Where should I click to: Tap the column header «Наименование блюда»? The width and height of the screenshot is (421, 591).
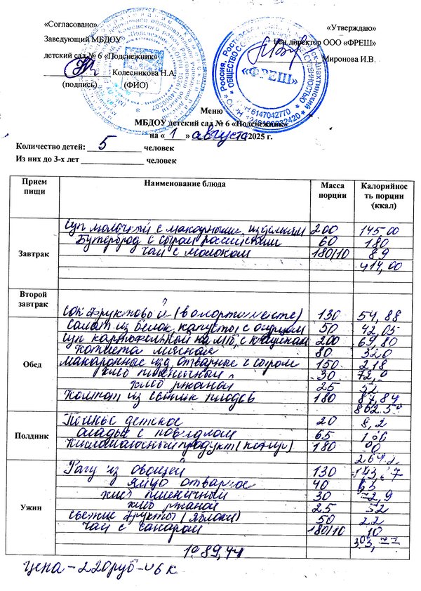185,184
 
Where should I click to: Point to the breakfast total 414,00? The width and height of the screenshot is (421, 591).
380,267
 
